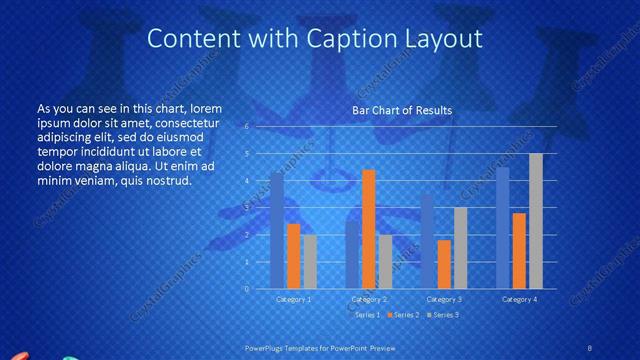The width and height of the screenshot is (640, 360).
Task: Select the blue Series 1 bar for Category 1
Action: point(277,230)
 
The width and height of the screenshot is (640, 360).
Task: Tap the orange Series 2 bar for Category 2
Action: point(368,229)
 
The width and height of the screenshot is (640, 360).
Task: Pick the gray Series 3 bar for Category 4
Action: point(536,221)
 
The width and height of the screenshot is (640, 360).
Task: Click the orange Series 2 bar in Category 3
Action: point(444,264)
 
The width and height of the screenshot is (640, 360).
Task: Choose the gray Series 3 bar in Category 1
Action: point(310,261)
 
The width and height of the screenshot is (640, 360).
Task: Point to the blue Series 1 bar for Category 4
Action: point(503,228)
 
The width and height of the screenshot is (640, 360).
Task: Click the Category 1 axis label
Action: point(294,299)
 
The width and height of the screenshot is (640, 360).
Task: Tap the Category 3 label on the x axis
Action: point(444,299)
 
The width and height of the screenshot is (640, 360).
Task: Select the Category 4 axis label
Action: point(519,299)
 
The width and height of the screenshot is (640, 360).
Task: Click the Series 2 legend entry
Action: point(404,315)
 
